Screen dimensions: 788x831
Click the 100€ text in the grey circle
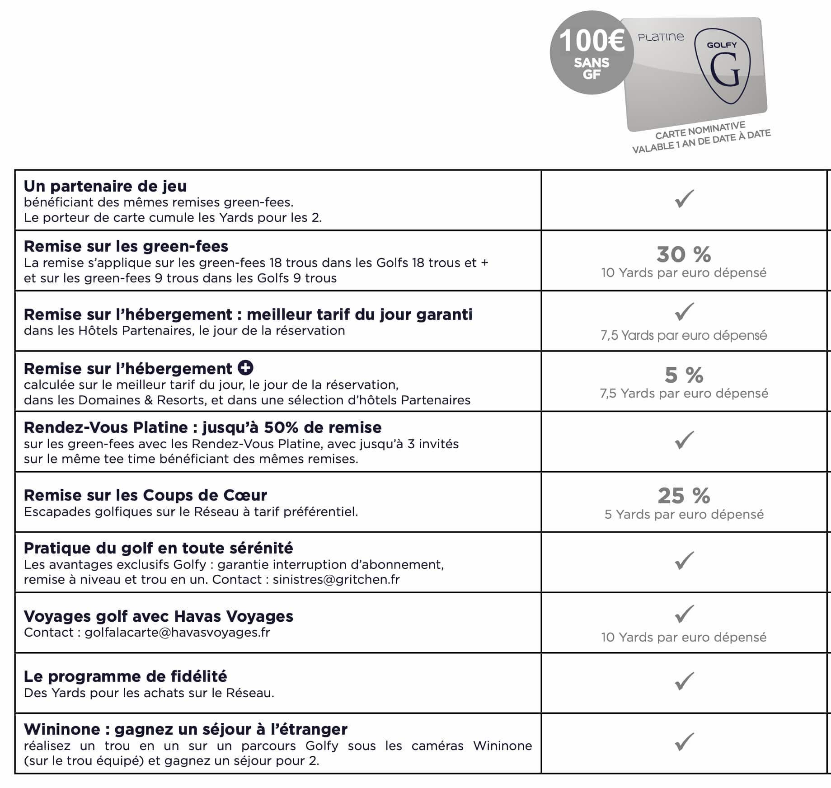click(592, 41)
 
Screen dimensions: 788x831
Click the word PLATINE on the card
click(661, 37)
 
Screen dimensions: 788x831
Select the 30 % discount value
click(684, 254)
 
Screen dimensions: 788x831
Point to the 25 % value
click(684, 496)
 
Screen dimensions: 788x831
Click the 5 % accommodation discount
click(684, 375)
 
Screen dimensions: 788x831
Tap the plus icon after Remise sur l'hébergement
click(245, 368)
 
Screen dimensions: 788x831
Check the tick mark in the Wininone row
click(684, 742)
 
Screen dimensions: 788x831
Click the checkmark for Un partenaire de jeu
click(684, 199)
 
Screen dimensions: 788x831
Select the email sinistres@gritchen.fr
click(336, 580)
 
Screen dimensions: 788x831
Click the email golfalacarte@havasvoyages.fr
click(177, 632)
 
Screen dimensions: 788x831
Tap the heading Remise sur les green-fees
click(126, 246)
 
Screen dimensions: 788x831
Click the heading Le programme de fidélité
click(125, 676)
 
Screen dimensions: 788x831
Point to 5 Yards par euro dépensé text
click(684, 514)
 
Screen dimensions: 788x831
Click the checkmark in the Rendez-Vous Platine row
click(684, 440)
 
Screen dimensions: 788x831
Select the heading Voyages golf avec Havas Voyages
click(158, 616)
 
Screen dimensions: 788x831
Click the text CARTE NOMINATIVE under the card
click(700, 130)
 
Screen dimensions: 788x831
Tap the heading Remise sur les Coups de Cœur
click(145, 495)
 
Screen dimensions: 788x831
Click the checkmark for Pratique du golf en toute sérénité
click(684, 561)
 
